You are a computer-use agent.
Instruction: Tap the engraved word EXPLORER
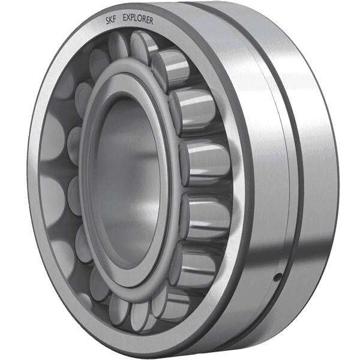pos(138,20)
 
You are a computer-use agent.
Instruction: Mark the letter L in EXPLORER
pos(137,20)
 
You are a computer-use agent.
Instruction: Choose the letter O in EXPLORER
pos(141,20)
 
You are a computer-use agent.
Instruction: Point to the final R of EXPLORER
pos(151,21)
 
